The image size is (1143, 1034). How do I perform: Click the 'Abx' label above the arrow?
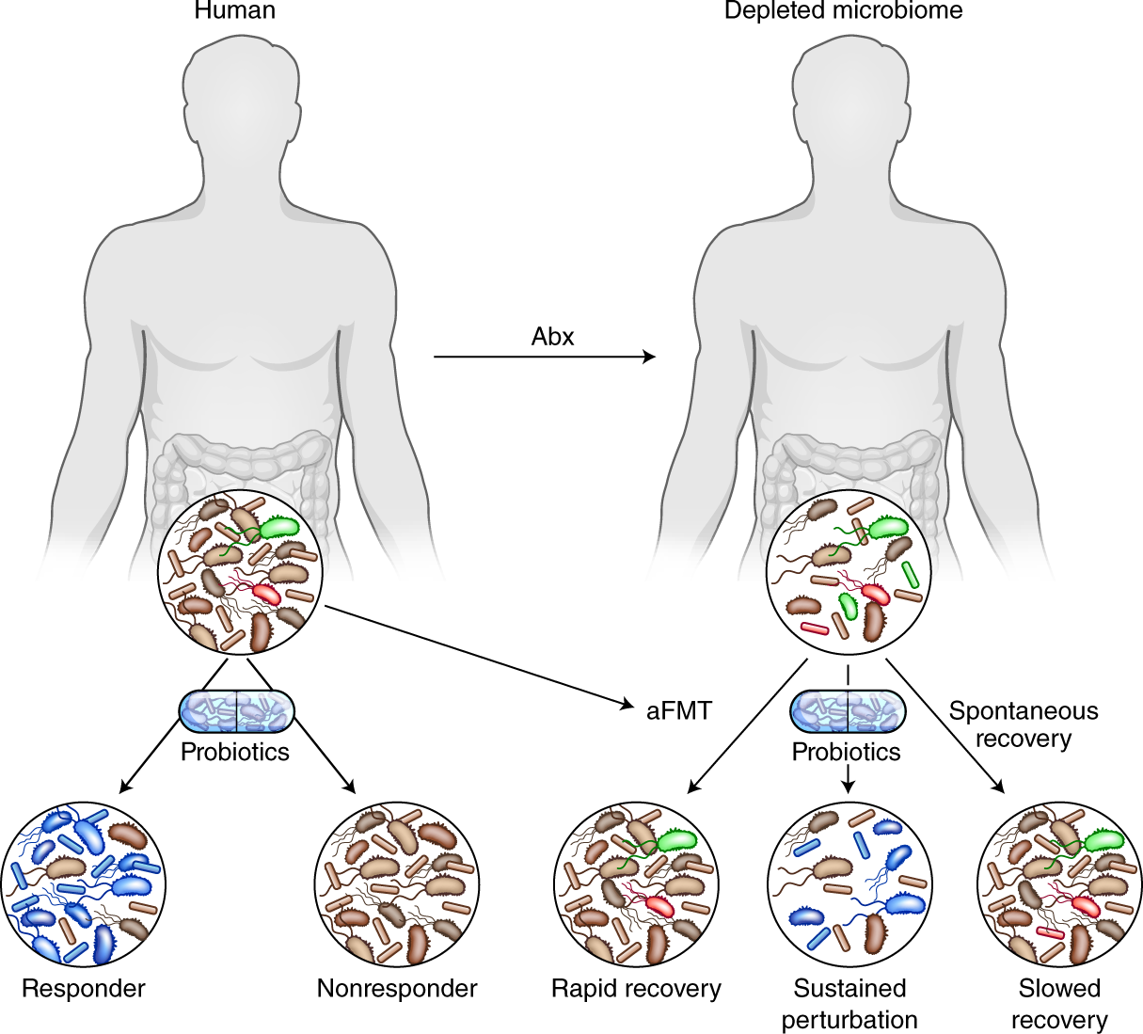(552, 337)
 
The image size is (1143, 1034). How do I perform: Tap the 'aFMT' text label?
(679, 710)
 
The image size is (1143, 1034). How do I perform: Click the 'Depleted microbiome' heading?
(843, 11)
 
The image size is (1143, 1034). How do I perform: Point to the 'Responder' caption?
(84, 989)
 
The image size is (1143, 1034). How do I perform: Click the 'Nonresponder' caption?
(397, 989)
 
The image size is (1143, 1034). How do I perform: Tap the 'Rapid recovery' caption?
(636, 989)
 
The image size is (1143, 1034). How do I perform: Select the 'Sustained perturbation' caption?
(849, 1004)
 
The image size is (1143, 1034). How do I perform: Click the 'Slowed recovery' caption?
(1059, 1004)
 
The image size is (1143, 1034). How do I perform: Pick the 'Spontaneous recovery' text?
(1024, 724)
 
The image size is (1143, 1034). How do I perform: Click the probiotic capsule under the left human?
(236, 711)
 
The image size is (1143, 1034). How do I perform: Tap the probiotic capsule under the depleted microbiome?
(849, 711)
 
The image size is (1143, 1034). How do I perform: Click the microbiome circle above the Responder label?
(84, 884)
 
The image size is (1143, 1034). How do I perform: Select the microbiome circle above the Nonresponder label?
(396, 884)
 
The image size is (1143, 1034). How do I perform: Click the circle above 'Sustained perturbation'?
(849, 884)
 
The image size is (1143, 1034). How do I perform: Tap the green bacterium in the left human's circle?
(278, 528)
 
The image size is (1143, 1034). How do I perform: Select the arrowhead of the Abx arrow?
(649, 358)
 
